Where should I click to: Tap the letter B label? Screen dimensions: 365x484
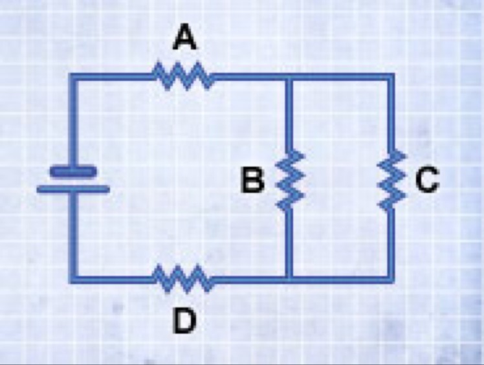252,181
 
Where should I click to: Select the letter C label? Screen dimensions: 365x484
427,181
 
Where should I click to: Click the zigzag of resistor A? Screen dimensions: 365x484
184,77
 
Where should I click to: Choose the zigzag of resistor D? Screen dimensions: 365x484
184,280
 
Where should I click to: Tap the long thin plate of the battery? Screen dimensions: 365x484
73,190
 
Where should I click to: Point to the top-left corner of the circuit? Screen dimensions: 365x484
73,78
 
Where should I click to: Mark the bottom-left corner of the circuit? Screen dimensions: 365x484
73,280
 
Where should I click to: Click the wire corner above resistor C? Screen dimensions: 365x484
391,78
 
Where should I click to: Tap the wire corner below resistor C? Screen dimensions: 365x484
391,280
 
